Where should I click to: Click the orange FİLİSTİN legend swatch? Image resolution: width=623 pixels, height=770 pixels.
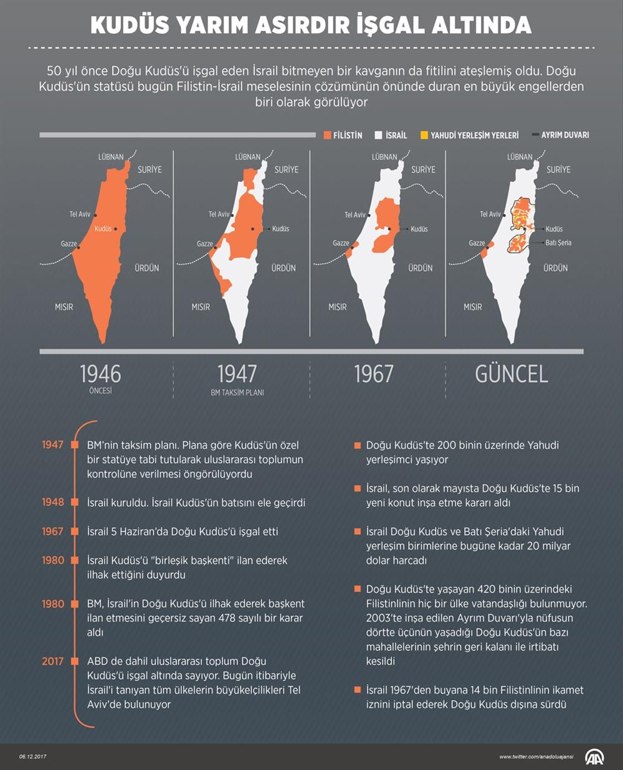tap(328, 135)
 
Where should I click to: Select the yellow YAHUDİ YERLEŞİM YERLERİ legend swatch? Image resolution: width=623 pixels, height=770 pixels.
tap(424, 135)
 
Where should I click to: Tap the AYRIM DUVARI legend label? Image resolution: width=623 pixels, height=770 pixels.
tap(564, 135)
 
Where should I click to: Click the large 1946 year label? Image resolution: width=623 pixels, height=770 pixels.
tap(100, 374)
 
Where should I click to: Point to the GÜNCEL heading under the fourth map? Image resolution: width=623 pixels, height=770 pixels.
tap(511, 374)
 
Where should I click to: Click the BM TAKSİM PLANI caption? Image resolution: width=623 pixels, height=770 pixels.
tap(237, 393)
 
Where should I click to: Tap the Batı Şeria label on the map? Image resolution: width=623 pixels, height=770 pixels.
tap(558, 243)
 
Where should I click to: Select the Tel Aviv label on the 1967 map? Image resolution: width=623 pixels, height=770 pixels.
tap(355, 215)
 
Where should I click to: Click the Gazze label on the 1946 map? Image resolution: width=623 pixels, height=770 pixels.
tap(69, 243)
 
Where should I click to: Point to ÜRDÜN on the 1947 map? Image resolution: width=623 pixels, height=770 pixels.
tap(283, 268)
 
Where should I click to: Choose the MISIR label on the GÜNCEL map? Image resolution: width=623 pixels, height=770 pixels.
tap(473, 307)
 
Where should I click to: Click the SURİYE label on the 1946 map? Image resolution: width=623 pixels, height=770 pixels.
tap(150, 169)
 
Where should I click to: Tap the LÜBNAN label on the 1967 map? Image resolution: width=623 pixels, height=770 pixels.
tap(384, 157)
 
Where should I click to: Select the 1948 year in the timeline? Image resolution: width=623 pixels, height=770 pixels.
tap(53, 502)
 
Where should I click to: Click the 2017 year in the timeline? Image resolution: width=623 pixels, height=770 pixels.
tap(53, 661)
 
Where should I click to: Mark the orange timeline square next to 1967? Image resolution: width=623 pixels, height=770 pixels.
tap(75, 532)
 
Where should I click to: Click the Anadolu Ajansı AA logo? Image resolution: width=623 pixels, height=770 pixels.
tap(594, 757)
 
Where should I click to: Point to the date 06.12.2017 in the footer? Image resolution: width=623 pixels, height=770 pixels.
tap(32, 757)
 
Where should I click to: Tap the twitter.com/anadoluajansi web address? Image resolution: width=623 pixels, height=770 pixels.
tap(536, 757)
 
